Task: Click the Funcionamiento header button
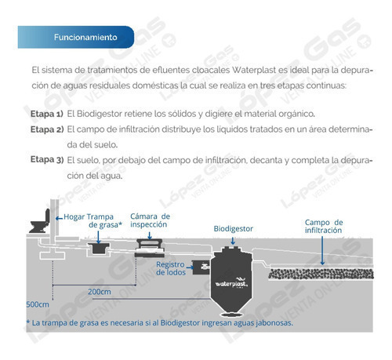[76, 37]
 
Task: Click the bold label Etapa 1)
[47, 114]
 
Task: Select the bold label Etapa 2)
[47, 129]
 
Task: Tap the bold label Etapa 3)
[47, 159]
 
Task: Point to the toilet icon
[40, 221]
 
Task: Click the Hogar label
[74, 216]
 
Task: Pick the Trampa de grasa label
[104, 221]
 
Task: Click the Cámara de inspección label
[150, 220]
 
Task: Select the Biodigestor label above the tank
[234, 229]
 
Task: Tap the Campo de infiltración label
[324, 227]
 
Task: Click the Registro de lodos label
[171, 268]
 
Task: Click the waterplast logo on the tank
[231, 282]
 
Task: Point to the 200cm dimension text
[100, 292]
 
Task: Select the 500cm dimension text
[38, 304]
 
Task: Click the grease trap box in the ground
[99, 248]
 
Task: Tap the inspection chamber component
[150, 248]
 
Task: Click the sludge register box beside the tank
[201, 267]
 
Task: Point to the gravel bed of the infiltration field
[321, 274]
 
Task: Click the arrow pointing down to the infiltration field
[322, 250]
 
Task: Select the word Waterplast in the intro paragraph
[254, 70]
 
